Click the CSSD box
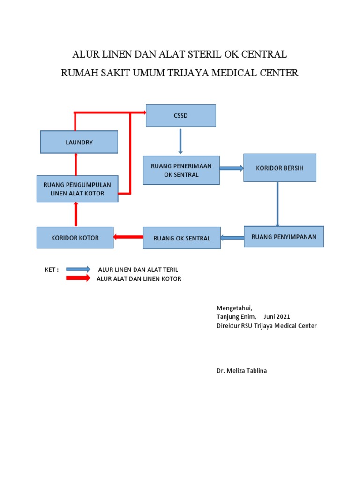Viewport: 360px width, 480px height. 180,115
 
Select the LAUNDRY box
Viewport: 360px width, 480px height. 79,142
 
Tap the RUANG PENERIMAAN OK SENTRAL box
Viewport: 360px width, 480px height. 181,171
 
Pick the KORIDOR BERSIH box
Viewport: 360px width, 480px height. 279,167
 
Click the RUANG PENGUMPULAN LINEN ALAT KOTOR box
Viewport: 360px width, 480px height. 77,189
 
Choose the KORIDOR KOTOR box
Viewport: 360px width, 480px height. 75,238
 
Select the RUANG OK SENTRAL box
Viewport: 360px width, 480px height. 181,238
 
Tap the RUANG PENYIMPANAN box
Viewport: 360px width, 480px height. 284,237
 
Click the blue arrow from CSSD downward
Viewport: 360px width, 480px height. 180,141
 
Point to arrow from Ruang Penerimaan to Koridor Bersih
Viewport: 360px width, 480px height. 231,168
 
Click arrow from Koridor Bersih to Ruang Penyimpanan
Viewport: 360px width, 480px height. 277,204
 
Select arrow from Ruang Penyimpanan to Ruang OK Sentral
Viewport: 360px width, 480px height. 232,238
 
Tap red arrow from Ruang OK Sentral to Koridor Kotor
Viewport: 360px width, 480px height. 128,237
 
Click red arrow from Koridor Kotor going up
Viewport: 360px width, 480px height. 75,214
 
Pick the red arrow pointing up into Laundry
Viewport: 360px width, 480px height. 75,165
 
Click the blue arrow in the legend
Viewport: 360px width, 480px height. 78,269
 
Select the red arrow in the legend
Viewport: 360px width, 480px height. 78,278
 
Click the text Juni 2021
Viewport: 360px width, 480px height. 277,317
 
